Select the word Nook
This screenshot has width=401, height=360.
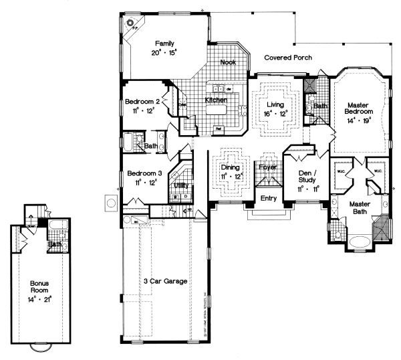(228, 62)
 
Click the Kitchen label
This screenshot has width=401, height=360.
(215, 100)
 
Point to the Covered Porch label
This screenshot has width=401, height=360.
(287, 58)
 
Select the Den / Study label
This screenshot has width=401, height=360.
(309, 175)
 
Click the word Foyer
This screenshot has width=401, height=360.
(268, 167)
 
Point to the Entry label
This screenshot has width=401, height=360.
(268, 198)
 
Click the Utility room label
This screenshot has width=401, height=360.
(181, 185)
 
